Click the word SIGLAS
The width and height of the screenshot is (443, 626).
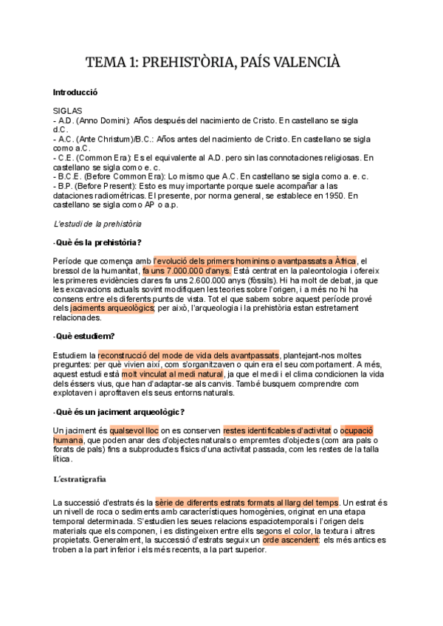(68, 111)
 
